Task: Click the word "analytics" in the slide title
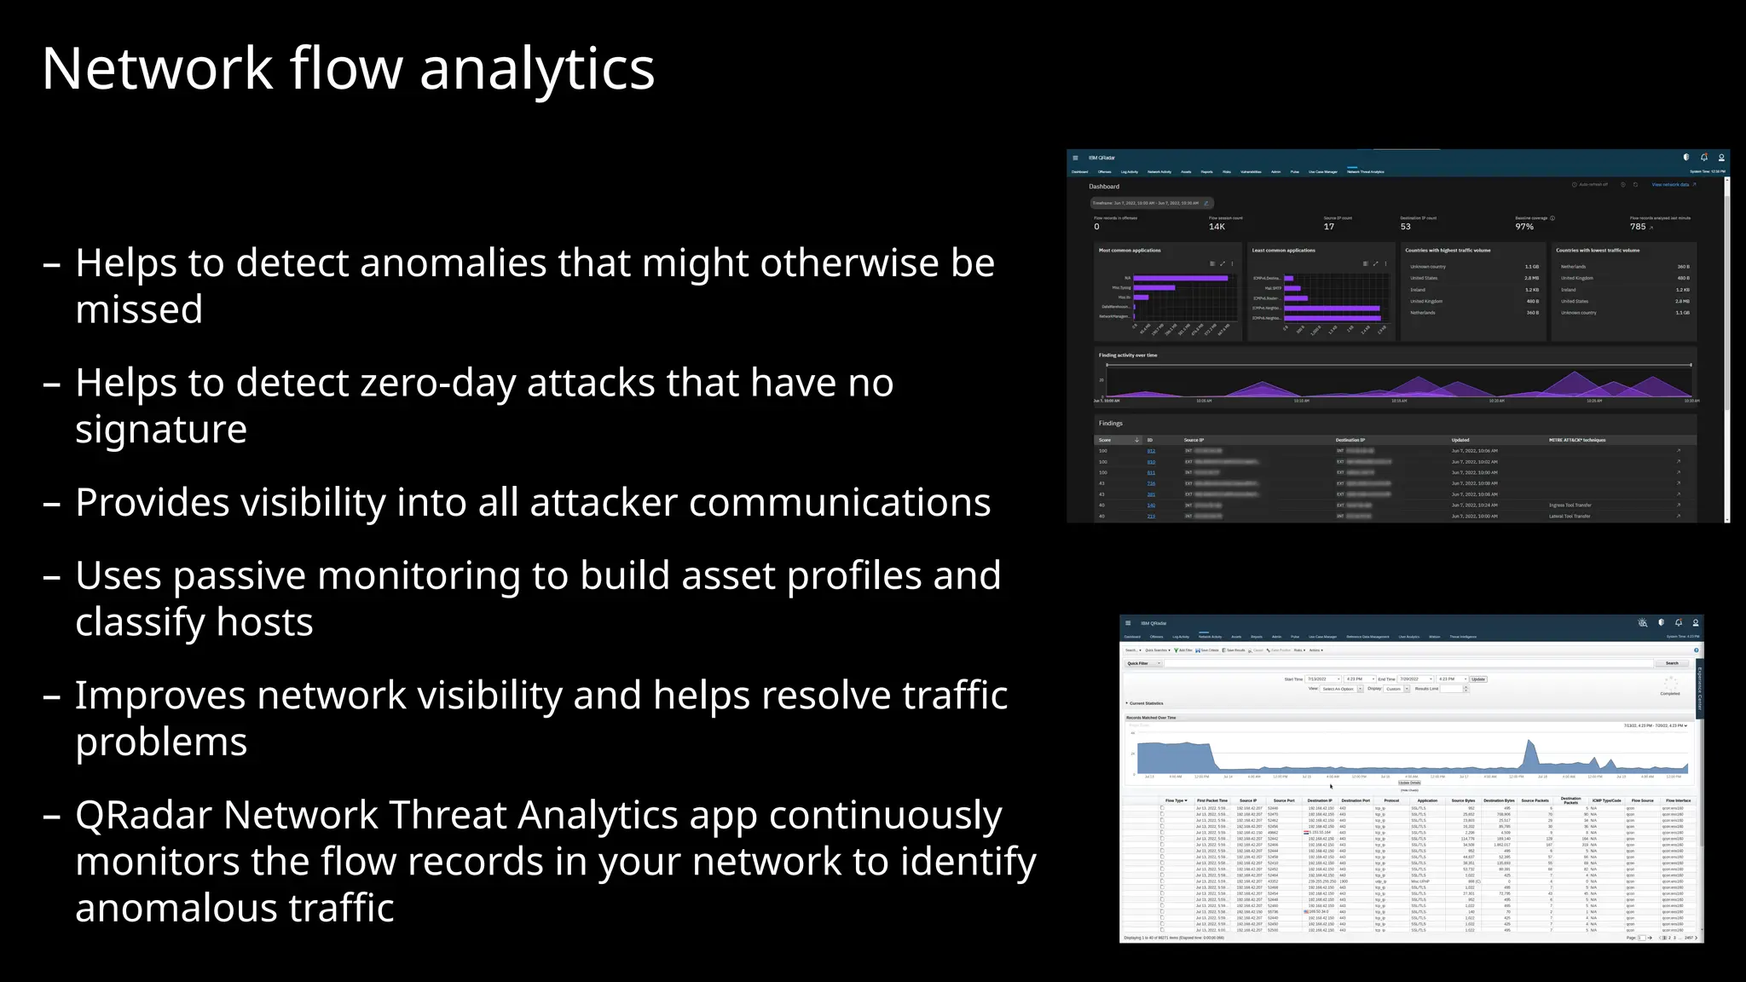tap(537, 68)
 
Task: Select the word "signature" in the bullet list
tap(160, 429)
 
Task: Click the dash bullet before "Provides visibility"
tap(52, 503)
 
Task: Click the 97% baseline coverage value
tap(1524, 227)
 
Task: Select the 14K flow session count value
tap(1217, 227)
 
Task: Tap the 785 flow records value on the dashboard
tap(1638, 227)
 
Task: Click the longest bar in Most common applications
tap(1180, 278)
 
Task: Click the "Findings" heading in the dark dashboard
tap(1110, 424)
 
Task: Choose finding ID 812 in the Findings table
tap(1151, 451)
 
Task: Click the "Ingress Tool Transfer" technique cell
tap(1570, 505)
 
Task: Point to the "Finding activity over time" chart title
tap(1127, 355)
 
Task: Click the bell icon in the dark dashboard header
tap(1703, 158)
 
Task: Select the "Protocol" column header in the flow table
tap(1391, 800)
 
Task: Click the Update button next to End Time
tap(1478, 679)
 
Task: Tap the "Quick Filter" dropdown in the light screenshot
tap(1140, 663)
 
